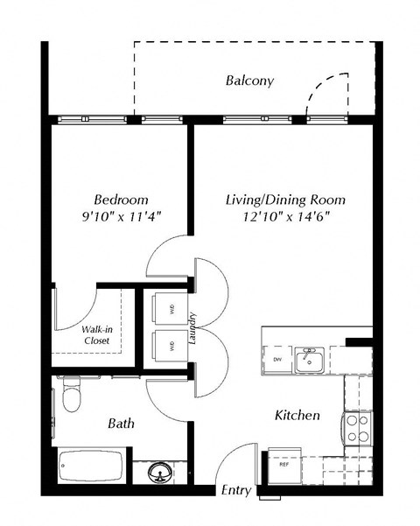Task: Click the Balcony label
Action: click(249, 81)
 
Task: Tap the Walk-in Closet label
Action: click(96, 335)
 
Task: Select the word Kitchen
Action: click(297, 414)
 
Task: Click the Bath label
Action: click(121, 424)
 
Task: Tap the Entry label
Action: click(235, 491)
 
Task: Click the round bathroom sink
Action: click(159, 473)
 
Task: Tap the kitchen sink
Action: click(309, 360)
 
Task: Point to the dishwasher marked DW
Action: click(277, 360)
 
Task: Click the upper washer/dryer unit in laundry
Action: click(169, 308)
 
